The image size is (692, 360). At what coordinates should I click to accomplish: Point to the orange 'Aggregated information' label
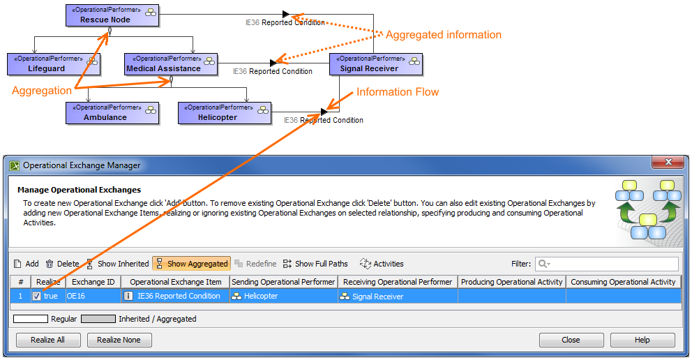[x=443, y=35]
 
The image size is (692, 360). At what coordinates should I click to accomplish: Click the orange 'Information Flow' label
[x=398, y=92]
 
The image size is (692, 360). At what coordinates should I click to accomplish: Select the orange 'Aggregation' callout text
[x=42, y=91]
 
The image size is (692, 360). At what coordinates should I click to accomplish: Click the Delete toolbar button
[x=62, y=264]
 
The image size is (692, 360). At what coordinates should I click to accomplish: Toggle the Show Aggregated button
[x=192, y=264]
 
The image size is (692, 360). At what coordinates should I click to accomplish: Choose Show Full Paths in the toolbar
[x=315, y=264]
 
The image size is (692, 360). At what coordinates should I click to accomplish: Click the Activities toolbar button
[x=382, y=264]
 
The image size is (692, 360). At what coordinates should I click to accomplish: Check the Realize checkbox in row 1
[x=36, y=297]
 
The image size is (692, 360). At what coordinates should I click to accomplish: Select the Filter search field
[x=607, y=264]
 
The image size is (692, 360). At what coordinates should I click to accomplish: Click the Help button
[x=642, y=340]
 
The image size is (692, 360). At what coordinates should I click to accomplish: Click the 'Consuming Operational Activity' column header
[x=623, y=282]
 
